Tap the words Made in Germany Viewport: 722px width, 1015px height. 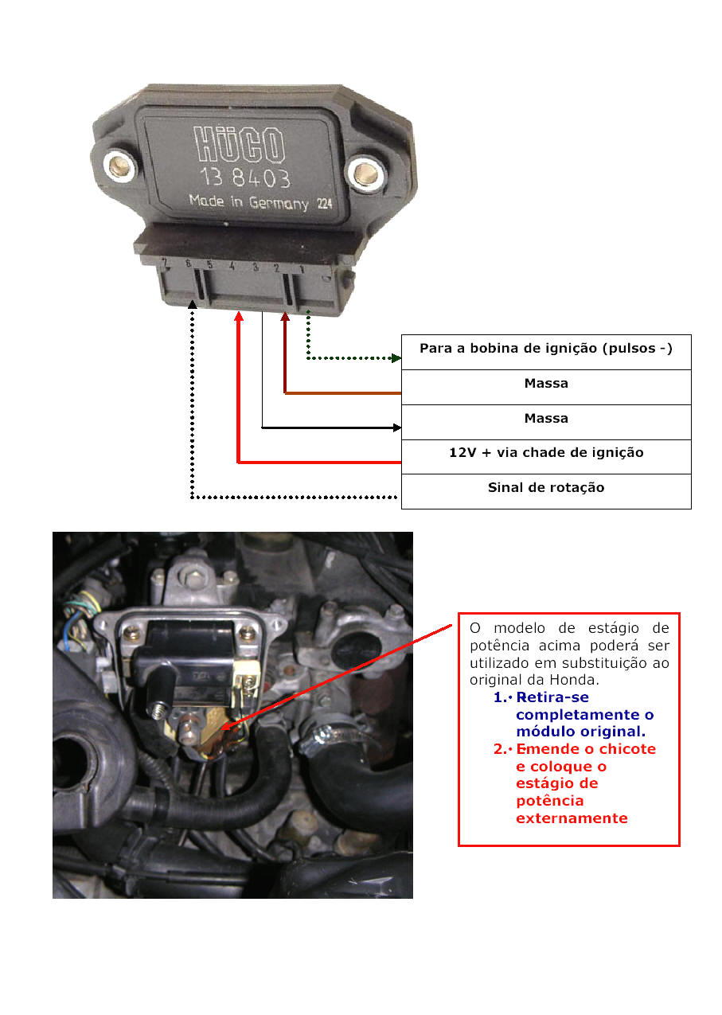pos(248,202)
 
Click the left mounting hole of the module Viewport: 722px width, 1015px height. pos(121,165)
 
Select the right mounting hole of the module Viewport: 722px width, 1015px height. pos(365,171)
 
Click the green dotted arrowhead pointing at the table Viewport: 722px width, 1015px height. pos(396,358)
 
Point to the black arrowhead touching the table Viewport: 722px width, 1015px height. pos(396,427)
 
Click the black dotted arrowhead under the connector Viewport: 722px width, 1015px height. pos(192,305)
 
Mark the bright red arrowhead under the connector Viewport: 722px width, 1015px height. pos(238,317)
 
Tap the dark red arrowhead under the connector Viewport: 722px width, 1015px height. pos(285,317)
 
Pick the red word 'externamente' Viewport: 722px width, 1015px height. pos(572,818)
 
